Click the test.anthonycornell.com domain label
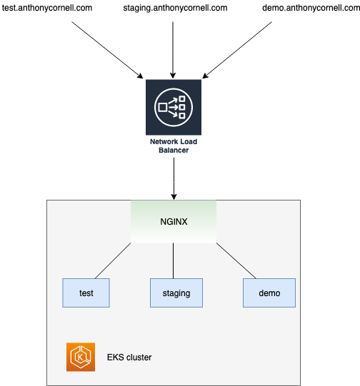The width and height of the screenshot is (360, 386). tap(47, 9)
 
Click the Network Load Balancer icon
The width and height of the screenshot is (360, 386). tap(174, 107)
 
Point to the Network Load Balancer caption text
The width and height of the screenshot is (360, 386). tap(174, 146)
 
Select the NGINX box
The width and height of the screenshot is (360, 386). tap(174, 221)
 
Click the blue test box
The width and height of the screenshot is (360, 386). tap(86, 293)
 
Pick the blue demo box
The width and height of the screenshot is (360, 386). tap(269, 293)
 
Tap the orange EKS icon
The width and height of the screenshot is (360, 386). tap(80, 357)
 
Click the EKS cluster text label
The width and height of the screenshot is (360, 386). tap(129, 357)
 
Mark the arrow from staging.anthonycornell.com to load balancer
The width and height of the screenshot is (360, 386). tap(174, 46)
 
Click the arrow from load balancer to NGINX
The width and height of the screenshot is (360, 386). tap(174, 178)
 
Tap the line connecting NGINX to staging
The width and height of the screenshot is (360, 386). tap(174, 260)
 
